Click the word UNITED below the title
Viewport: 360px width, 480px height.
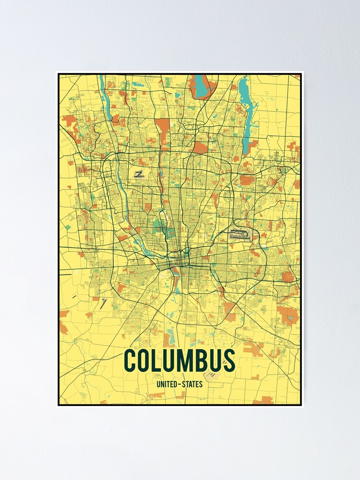pos(166,384)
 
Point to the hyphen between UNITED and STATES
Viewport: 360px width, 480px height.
pos(179,384)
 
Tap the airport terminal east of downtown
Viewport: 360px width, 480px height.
pos(238,235)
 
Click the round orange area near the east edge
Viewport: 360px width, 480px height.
pos(288,276)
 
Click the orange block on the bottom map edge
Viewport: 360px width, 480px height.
pos(263,400)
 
